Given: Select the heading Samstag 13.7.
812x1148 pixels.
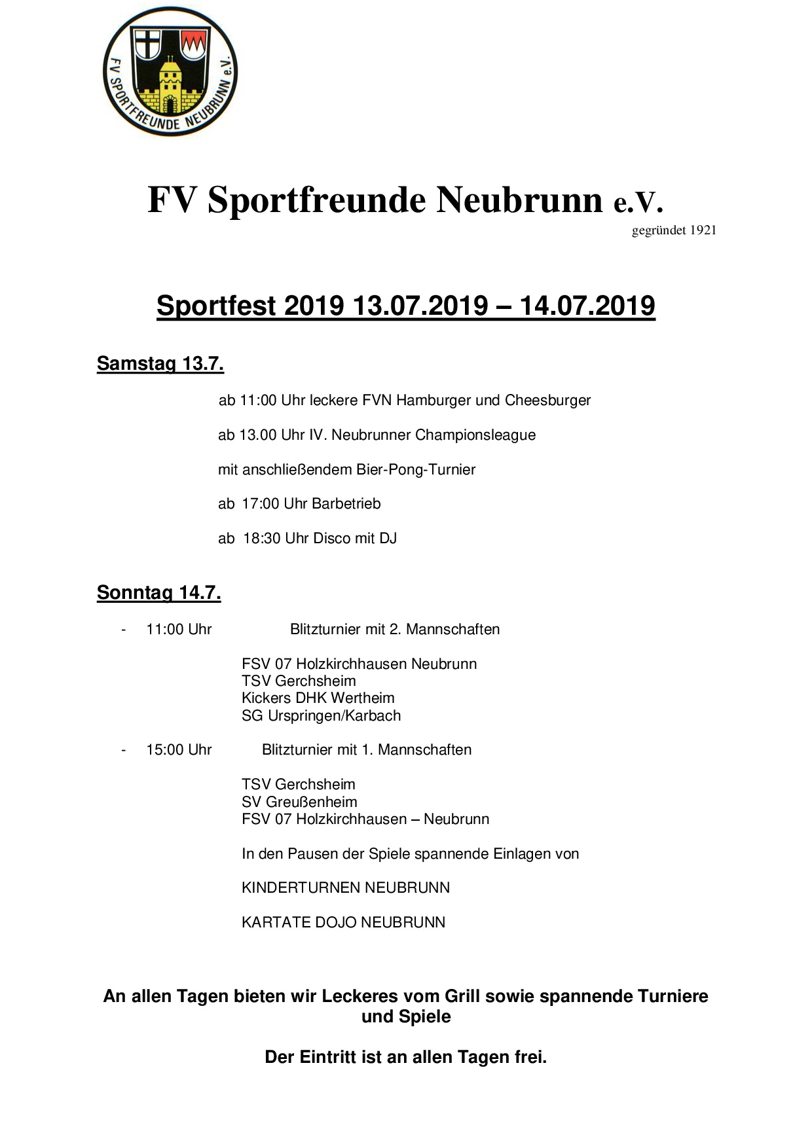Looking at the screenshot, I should (x=160, y=364).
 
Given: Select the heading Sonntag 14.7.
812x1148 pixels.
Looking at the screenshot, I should (x=158, y=593).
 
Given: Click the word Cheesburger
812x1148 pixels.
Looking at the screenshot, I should (x=547, y=401).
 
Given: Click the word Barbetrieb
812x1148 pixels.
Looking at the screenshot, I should (x=346, y=504).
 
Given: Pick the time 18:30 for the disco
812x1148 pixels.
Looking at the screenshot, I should (x=261, y=539).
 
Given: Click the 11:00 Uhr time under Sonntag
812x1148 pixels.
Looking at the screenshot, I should (x=179, y=630).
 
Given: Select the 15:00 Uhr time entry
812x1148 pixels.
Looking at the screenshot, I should (x=179, y=750).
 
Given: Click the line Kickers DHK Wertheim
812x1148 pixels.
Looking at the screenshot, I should (x=318, y=698).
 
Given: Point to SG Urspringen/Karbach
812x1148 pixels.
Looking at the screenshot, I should (x=321, y=716).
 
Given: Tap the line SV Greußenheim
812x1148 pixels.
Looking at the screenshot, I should (x=299, y=802).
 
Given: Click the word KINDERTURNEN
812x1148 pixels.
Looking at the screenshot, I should (x=301, y=888).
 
